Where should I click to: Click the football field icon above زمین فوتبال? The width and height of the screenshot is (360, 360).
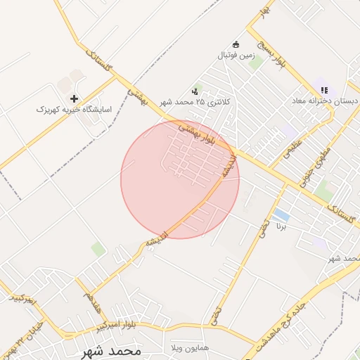click(236, 44)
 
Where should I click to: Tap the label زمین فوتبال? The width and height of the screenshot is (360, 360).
click(235, 54)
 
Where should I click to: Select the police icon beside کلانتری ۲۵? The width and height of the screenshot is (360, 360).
click(195, 91)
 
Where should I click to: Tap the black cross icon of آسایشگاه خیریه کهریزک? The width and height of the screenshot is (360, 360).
click(75, 98)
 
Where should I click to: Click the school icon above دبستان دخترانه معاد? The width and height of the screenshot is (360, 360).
click(324, 90)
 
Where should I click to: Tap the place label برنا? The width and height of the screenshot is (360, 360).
click(281, 227)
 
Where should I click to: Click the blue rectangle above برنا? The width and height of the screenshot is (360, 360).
click(281, 214)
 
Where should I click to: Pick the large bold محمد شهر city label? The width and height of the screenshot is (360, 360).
click(112, 349)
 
